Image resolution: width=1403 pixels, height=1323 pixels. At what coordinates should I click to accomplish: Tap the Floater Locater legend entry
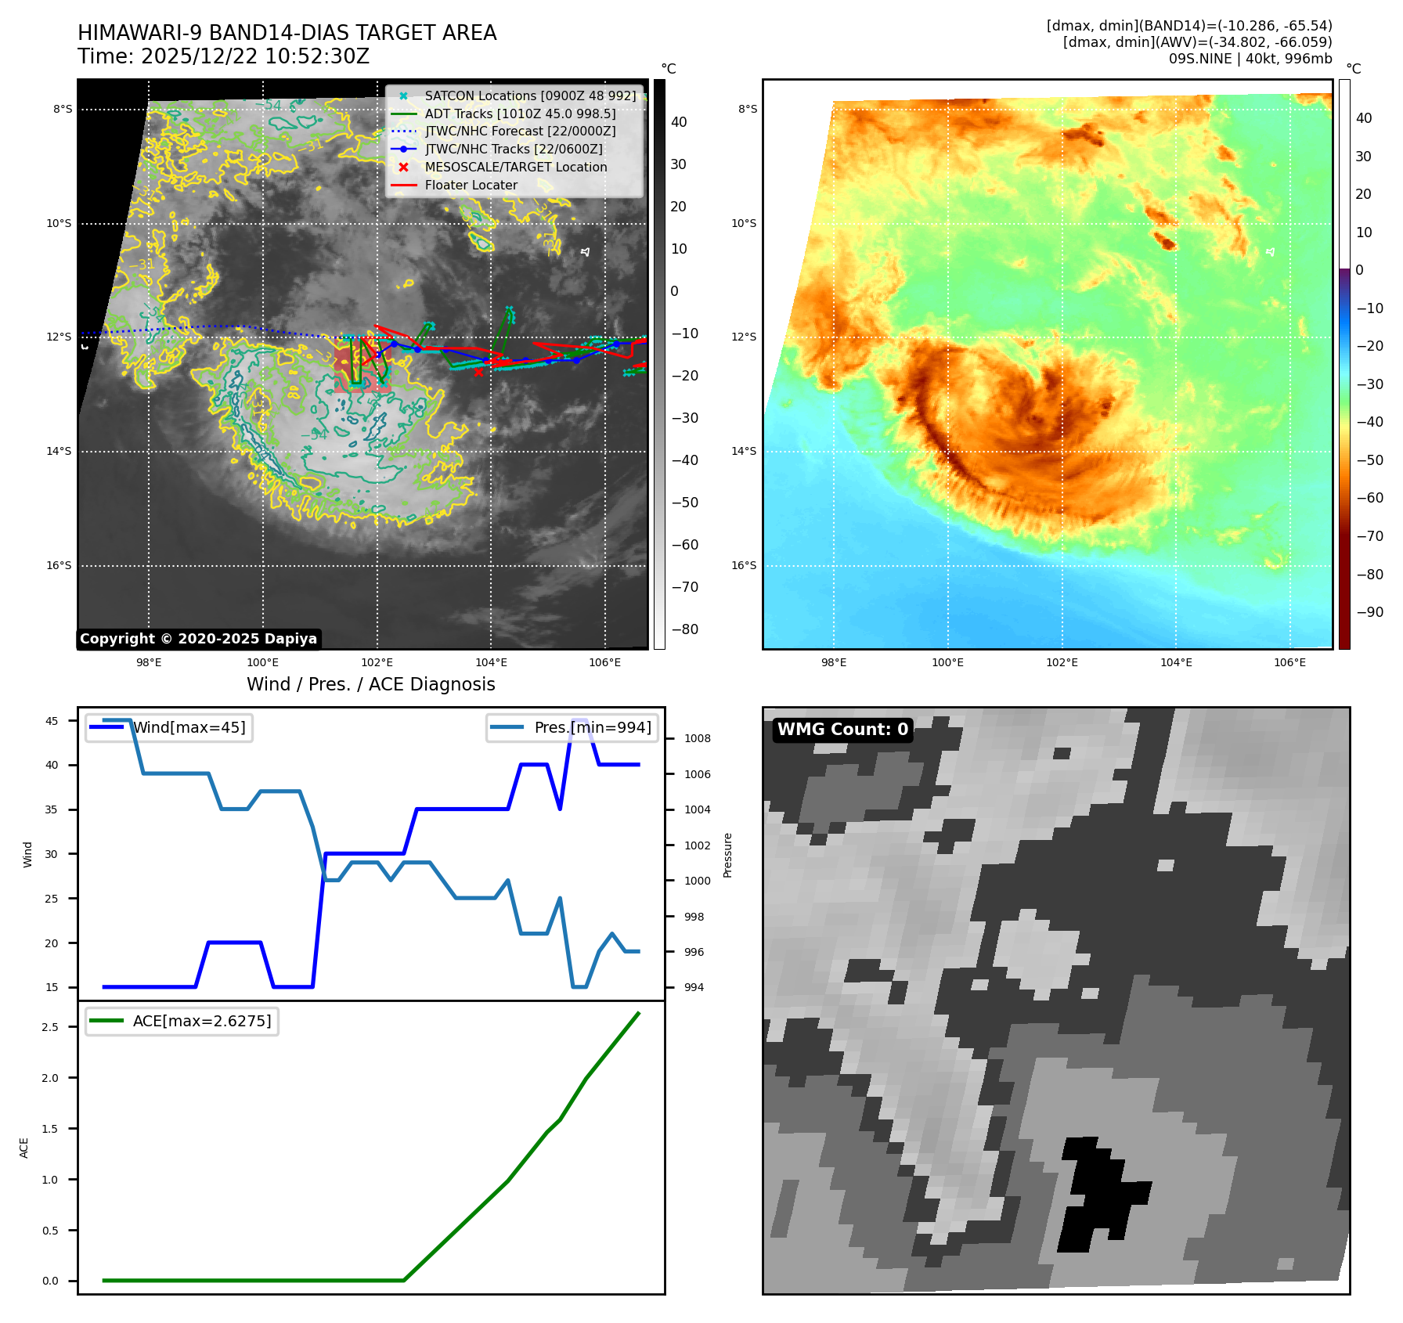[471, 185]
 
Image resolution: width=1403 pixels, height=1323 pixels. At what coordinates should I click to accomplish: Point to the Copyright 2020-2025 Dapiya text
[198, 639]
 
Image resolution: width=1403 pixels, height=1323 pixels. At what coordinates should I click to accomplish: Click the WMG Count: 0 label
[842, 730]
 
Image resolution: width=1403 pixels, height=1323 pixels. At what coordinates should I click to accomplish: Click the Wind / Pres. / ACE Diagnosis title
[370, 684]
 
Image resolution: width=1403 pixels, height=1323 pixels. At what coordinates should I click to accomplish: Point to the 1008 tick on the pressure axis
[697, 738]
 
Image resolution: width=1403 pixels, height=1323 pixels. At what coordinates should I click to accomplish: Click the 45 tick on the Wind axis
[52, 721]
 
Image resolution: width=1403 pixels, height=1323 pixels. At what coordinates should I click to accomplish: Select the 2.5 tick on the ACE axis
[50, 1027]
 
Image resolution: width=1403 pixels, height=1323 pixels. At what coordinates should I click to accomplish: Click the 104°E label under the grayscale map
[491, 662]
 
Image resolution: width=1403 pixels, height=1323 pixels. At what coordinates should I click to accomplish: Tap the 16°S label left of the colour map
[744, 565]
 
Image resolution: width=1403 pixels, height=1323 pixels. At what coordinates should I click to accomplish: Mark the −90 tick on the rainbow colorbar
[1369, 612]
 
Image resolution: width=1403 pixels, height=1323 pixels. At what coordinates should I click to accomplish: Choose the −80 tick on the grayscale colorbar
[685, 629]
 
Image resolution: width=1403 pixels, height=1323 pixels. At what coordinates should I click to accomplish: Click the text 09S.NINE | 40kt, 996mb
[1250, 59]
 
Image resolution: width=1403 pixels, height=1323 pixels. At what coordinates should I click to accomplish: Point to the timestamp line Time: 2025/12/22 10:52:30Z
[223, 56]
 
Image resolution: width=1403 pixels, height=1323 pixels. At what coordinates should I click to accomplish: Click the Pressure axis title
[727, 855]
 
